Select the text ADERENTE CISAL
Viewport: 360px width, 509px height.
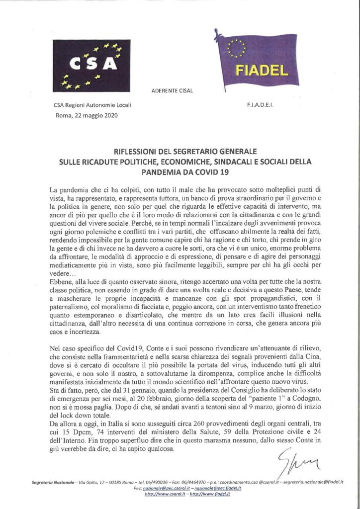click(x=171, y=91)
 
